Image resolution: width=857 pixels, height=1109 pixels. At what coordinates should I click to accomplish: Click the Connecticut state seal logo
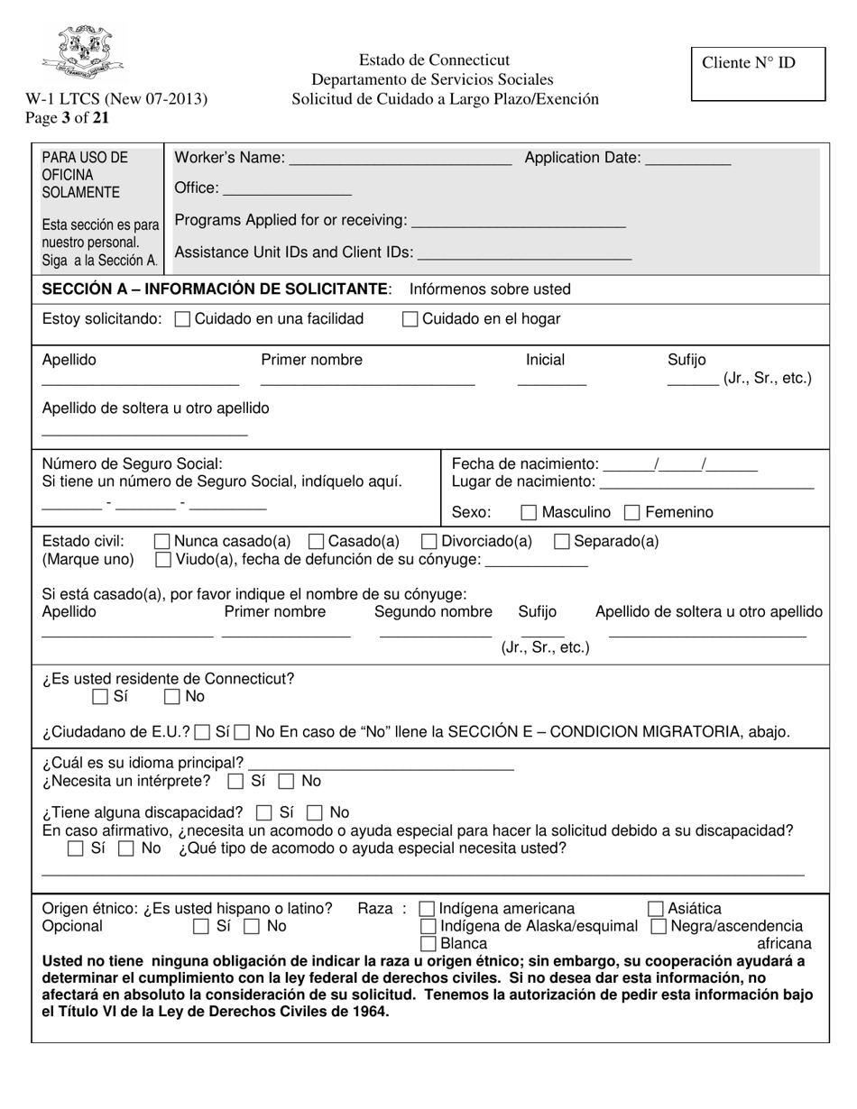coord(82,53)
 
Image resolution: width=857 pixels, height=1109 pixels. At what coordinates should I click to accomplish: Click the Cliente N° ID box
coord(758,74)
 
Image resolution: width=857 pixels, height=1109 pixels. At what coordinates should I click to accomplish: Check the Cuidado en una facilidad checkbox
coord(182,319)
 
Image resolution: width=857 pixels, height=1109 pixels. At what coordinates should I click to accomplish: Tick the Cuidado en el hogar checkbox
coord(410,319)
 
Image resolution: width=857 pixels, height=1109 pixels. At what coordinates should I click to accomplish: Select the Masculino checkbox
coord(530,513)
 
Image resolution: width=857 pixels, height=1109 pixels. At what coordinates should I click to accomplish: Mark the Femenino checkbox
coord(632,513)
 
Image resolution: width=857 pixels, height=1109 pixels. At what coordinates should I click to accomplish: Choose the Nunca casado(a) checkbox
coord(162,542)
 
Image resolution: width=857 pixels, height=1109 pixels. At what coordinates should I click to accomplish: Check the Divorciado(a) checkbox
coord(430,542)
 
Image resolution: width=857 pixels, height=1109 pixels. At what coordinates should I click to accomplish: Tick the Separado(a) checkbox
coord(561,542)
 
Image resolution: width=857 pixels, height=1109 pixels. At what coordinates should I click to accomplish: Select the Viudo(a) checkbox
coord(162,560)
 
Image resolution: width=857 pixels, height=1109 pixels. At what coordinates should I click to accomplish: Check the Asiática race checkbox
coord(657,909)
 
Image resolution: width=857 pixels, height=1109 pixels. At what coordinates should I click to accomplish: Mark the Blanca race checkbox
coord(429,944)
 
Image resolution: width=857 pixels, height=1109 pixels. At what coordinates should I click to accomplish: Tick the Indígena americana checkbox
coord(428,909)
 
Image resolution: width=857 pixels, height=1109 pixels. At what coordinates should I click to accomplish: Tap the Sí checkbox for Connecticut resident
coord(100,697)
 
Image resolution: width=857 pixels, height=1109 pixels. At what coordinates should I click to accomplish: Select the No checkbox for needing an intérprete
coord(286,781)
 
